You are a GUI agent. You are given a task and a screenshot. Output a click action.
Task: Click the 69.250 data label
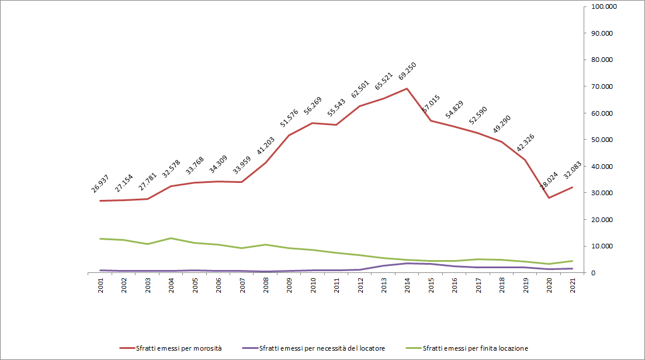[407, 71]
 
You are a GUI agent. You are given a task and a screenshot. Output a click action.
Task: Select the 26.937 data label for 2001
[100, 184]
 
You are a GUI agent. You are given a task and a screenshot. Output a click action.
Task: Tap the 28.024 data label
[549, 181]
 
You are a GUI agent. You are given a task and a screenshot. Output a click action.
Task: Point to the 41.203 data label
[266, 146]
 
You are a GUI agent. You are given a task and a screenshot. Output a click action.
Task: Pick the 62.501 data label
[360, 89]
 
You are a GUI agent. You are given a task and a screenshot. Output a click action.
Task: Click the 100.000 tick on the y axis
[604, 6]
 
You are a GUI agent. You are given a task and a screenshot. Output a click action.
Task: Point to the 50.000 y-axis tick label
[602, 140]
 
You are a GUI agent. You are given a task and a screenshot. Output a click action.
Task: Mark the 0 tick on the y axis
[593, 273]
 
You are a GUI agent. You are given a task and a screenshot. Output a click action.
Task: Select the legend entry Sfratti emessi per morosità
[171, 348]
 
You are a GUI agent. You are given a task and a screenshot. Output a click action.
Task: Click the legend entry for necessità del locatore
[314, 348]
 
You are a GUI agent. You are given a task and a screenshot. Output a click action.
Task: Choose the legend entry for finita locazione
[467, 348]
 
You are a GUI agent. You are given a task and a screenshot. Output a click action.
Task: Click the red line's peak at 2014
[407, 88]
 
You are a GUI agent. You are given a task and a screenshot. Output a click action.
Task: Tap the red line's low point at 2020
[549, 198]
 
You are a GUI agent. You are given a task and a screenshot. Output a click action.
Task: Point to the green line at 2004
[171, 238]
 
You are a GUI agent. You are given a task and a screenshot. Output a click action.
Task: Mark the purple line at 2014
[407, 264]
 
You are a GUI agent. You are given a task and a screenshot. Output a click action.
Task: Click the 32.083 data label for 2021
[573, 170]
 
